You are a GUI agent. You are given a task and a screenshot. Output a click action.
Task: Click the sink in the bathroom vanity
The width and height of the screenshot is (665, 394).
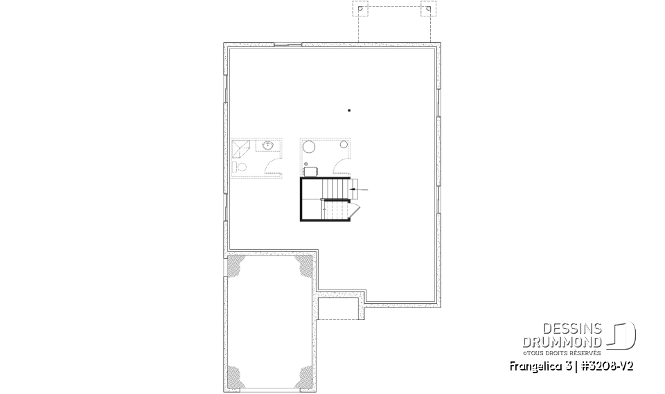point(267,145)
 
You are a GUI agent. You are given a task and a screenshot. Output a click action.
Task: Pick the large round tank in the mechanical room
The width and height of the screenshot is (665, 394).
point(310,147)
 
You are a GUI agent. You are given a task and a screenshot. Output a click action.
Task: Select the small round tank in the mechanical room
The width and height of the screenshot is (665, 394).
point(344,144)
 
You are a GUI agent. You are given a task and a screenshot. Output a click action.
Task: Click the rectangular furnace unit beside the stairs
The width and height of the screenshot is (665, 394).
point(310,170)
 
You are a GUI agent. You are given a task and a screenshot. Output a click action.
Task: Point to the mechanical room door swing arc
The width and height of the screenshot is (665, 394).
point(342,166)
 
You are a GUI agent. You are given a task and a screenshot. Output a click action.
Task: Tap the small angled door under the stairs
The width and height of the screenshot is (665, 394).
point(353,210)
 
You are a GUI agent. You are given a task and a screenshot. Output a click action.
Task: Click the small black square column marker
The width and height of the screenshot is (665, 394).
point(349,110)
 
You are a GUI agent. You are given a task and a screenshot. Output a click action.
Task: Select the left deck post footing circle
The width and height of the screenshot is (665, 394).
point(360,10)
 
